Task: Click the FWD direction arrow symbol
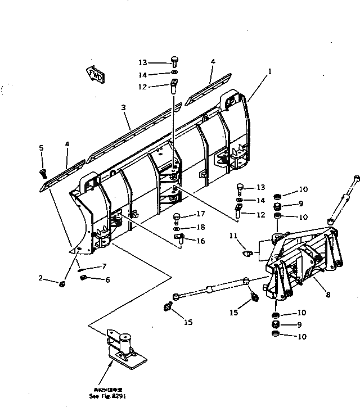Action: (x=94, y=75)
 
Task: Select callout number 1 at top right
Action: (x=269, y=71)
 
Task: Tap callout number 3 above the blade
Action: (x=123, y=107)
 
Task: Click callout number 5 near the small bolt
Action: (x=41, y=148)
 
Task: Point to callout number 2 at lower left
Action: (x=40, y=278)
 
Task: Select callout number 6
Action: (x=107, y=279)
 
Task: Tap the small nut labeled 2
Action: (x=61, y=283)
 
